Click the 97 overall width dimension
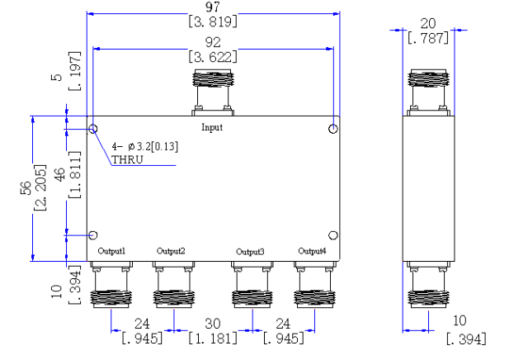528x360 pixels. pyautogui.click(x=213, y=7)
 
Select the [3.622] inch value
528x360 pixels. pyautogui.click(x=213, y=57)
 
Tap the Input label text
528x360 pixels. pyautogui.click(x=212, y=127)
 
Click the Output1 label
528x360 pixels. pyautogui.click(x=111, y=251)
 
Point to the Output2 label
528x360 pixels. pyautogui.click(x=171, y=251)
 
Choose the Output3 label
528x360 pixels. pyautogui.click(x=250, y=252)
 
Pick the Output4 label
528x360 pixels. pyautogui.click(x=312, y=251)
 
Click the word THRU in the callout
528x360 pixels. pyautogui.click(x=127, y=159)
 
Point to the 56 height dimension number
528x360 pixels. pyautogui.click(x=26, y=188)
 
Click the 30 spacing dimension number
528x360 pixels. pyautogui.click(x=213, y=324)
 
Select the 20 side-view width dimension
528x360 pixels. pyautogui.click(x=428, y=24)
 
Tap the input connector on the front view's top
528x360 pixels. pyautogui.click(x=213, y=92)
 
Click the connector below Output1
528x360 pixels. pyautogui.click(x=111, y=285)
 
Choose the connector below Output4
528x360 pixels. pyautogui.click(x=314, y=285)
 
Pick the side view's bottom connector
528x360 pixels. pyautogui.click(x=428, y=285)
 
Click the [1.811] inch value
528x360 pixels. pyautogui.click(x=75, y=174)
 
